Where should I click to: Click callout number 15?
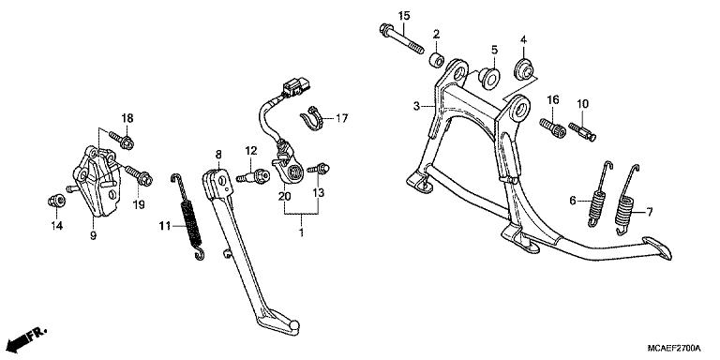404,16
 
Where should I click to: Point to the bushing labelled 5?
487,74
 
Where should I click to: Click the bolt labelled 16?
553,126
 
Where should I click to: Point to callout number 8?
217,154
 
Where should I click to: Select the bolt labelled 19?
119,173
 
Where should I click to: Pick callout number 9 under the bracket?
93,236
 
